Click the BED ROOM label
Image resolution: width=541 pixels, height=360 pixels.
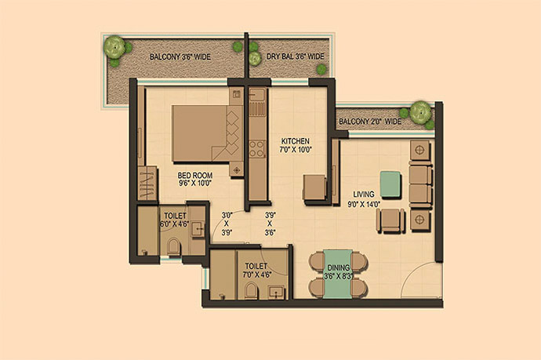click(x=195, y=176)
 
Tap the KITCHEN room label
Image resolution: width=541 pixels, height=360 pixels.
click(x=296, y=141)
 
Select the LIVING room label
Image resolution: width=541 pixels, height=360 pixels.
click(x=364, y=194)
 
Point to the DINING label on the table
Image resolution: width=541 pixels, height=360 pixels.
click(x=339, y=267)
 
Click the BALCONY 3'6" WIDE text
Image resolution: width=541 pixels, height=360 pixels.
click(x=180, y=57)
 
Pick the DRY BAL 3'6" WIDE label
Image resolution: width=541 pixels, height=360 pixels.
click(x=296, y=56)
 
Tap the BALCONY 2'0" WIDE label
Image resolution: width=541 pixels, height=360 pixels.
click(x=370, y=122)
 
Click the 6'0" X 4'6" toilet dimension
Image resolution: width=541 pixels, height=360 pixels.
click(x=174, y=224)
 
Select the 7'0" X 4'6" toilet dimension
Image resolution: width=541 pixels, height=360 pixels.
click(x=257, y=275)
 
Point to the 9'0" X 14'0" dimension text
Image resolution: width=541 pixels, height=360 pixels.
click(x=364, y=205)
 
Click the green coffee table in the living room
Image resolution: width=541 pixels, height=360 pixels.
click(x=390, y=184)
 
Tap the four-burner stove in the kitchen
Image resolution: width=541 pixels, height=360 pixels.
click(x=257, y=149)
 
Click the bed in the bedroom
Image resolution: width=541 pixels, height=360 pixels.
click(x=207, y=133)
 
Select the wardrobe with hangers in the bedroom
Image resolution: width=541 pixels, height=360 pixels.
click(x=147, y=184)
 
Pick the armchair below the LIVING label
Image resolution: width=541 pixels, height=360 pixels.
click(x=390, y=221)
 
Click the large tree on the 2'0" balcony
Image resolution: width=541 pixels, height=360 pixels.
click(x=420, y=112)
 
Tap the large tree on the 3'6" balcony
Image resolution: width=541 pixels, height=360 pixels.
click(x=114, y=47)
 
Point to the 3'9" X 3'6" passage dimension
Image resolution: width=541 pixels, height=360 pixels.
click(x=270, y=224)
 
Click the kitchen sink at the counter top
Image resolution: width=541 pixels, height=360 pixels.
click(x=257, y=95)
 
